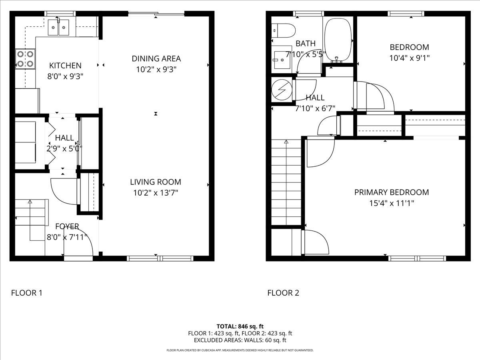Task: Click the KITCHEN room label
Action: (65, 66)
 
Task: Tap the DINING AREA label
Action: (156, 58)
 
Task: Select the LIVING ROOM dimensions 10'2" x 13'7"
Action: (156, 193)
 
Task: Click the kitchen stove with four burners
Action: (25, 59)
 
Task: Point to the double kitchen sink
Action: (59, 27)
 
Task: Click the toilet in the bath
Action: (284, 31)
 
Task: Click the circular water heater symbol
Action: (282, 90)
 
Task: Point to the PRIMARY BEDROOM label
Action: (392, 192)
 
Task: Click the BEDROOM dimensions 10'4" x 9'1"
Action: (409, 58)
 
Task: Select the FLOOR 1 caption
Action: (27, 293)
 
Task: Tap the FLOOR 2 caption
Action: (283, 293)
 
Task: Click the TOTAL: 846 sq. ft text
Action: (240, 326)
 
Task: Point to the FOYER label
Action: (67, 226)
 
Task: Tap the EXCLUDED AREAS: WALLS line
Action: (240, 340)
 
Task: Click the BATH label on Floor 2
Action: (306, 44)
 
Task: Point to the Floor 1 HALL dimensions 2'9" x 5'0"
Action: (64, 149)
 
